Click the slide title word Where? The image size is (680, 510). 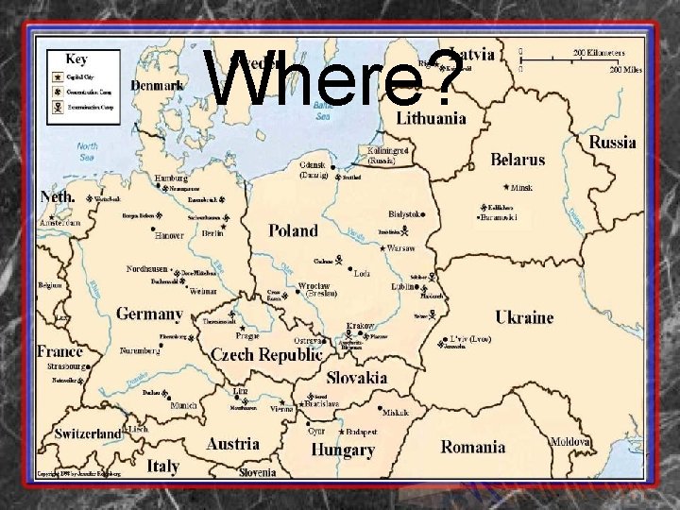(335, 78)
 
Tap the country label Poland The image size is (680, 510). (293, 229)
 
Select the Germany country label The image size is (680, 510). (149, 314)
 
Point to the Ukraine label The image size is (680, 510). (524, 317)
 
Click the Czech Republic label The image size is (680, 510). (266, 355)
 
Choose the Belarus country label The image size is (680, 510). (518, 160)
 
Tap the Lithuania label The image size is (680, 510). (431, 118)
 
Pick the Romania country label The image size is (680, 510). (473, 446)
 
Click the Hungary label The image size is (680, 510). (344, 450)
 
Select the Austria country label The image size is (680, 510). (232, 443)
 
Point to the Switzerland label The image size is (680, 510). (88, 433)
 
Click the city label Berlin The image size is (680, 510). (212, 233)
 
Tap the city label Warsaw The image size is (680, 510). (400, 248)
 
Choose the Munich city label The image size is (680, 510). (184, 405)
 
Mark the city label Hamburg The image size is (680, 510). (171, 177)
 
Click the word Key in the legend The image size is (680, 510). (76, 59)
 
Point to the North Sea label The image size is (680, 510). (88, 151)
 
